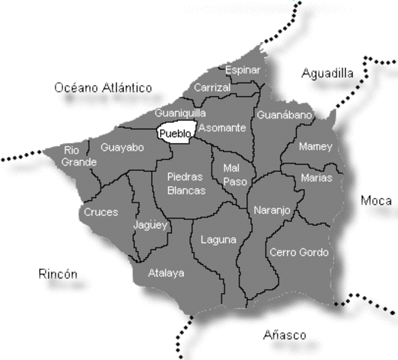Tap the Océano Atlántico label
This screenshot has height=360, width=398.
(x=103, y=88)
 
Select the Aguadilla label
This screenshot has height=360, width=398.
(x=327, y=73)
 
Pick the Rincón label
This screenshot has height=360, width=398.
(x=57, y=274)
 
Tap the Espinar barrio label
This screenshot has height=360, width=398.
(x=243, y=70)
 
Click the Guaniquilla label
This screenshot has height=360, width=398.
(x=180, y=112)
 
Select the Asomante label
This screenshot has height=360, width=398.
(x=224, y=127)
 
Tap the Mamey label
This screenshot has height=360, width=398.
(x=315, y=146)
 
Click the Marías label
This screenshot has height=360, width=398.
(x=316, y=178)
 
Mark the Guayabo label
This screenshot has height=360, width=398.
(x=122, y=147)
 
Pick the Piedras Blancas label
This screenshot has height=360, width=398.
(x=185, y=184)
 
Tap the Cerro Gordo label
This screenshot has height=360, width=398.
(x=299, y=252)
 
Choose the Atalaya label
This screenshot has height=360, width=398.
(x=166, y=273)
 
